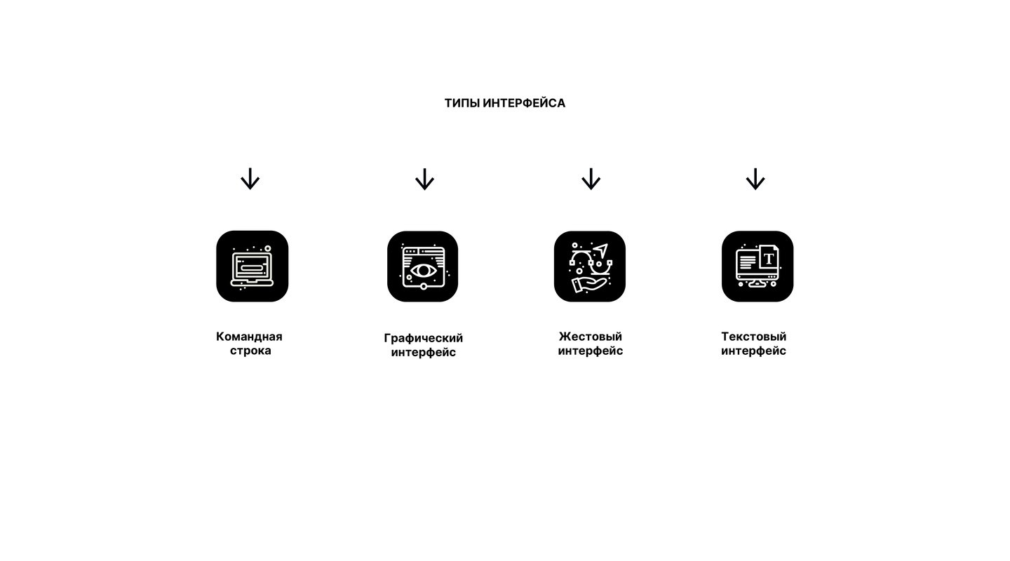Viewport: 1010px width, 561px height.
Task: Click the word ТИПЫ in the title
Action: [x=462, y=103]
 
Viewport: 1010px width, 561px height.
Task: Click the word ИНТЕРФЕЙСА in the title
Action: [x=524, y=103]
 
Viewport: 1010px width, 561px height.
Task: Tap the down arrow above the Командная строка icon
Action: [x=250, y=179]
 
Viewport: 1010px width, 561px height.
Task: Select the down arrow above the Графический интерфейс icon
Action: [x=424, y=179]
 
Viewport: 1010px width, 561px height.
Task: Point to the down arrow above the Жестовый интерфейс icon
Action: [x=591, y=179]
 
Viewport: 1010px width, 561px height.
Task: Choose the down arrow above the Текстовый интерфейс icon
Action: [x=755, y=179]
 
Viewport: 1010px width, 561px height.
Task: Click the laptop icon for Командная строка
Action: [x=252, y=269]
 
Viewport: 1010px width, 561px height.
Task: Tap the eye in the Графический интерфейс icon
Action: [x=423, y=271]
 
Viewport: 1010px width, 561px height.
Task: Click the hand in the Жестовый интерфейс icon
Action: [x=589, y=285]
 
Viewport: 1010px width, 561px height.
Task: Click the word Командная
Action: [x=249, y=337]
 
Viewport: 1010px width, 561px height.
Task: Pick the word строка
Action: [x=250, y=351]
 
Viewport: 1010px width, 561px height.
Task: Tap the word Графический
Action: [x=424, y=338]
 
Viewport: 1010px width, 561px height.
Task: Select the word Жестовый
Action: [x=591, y=337]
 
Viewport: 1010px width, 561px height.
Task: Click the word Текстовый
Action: [x=753, y=337]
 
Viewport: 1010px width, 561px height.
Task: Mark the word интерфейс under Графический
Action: [x=424, y=352]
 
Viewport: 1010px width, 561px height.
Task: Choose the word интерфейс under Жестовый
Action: [x=591, y=351]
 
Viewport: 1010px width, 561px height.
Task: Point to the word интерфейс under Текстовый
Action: [x=753, y=351]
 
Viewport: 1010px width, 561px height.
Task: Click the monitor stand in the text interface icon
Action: [x=757, y=284]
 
